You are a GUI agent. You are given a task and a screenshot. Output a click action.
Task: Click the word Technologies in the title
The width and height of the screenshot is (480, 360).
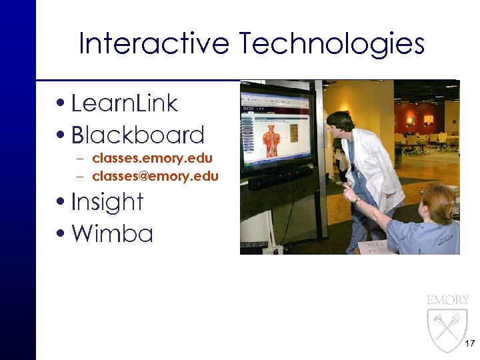tap(332, 45)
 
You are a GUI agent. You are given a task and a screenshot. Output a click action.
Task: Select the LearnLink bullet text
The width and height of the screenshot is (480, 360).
tap(124, 103)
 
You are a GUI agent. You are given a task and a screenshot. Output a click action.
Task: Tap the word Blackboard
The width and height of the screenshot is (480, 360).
tap(137, 135)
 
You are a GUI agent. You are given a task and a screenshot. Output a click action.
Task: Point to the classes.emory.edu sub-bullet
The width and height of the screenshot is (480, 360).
tap(152, 159)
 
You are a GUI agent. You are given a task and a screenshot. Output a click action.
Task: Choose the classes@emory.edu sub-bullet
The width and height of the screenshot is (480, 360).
tap(155, 176)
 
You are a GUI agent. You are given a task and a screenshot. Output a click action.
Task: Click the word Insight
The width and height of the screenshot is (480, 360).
tap(107, 201)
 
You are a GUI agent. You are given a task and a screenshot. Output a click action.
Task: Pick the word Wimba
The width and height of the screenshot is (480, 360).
tap(112, 233)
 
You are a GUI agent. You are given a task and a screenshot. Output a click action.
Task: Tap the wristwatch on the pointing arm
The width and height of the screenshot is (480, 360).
tap(357, 199)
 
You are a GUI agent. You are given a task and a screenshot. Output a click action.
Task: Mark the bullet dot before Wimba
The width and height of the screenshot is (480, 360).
tap(62, 234)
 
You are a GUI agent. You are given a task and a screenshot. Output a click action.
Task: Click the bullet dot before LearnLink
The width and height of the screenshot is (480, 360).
tap(62, 104)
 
